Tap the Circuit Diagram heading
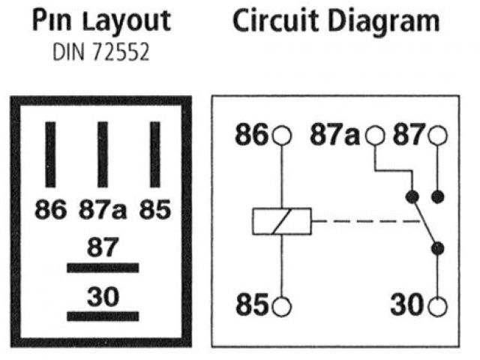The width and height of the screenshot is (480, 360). (335, 21)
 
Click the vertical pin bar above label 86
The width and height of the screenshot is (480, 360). (50, 154)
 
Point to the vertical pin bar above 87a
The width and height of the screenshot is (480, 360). (103, 154)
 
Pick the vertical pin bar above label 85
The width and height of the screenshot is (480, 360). (155, 154)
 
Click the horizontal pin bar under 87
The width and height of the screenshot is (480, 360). (103, 267)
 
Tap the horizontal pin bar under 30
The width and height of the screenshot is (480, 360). (103, 316)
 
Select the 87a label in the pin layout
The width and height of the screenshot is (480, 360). (103, 209)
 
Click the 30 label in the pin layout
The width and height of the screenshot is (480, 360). (103, 297)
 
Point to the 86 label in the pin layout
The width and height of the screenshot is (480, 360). (50, 209)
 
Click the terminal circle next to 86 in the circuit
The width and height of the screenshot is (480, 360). (281, 136)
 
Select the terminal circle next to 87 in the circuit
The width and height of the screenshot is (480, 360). (437, 136)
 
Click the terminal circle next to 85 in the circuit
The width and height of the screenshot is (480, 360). (281, 306)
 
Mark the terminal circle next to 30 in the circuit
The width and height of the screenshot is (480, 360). (437, 306)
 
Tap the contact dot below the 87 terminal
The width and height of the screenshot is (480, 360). (437, 197)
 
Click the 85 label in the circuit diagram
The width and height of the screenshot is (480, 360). (252, 306)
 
